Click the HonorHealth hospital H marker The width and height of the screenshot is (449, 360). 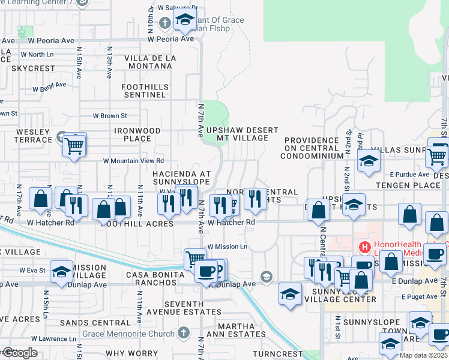(363, 247)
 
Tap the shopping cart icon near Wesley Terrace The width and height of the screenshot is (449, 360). (74, 145)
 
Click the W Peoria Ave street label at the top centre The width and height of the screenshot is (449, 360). (171, 39)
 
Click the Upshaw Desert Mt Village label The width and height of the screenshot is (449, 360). (242, 134)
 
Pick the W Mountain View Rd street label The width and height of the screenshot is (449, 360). (133, 161)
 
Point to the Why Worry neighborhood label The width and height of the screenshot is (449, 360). (140, 354)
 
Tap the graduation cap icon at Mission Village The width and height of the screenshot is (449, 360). (61, 272)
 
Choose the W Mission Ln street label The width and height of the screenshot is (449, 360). (228, 247)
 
